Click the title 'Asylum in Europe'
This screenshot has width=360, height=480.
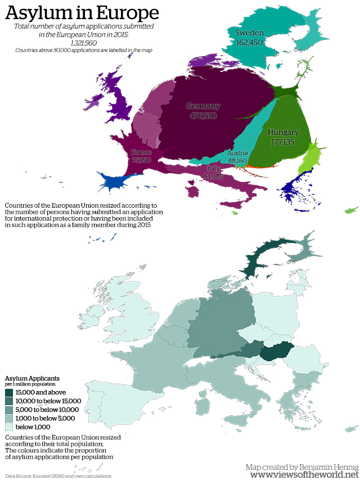coord(82,13)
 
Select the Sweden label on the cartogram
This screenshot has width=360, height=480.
coord(249,33)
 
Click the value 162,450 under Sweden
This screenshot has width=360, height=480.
coord(249,42)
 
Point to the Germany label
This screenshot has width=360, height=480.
coord(203,106)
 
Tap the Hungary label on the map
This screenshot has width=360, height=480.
coord(283,132)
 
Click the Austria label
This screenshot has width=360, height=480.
coord(237,153)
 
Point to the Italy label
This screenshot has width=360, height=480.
coord(213,168)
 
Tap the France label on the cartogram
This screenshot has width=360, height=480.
coord(141,152)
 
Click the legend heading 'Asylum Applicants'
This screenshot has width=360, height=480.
coord(32,378)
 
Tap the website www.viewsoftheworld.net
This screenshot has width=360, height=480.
coord(304,475)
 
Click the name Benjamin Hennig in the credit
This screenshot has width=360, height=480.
coord(325,466)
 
